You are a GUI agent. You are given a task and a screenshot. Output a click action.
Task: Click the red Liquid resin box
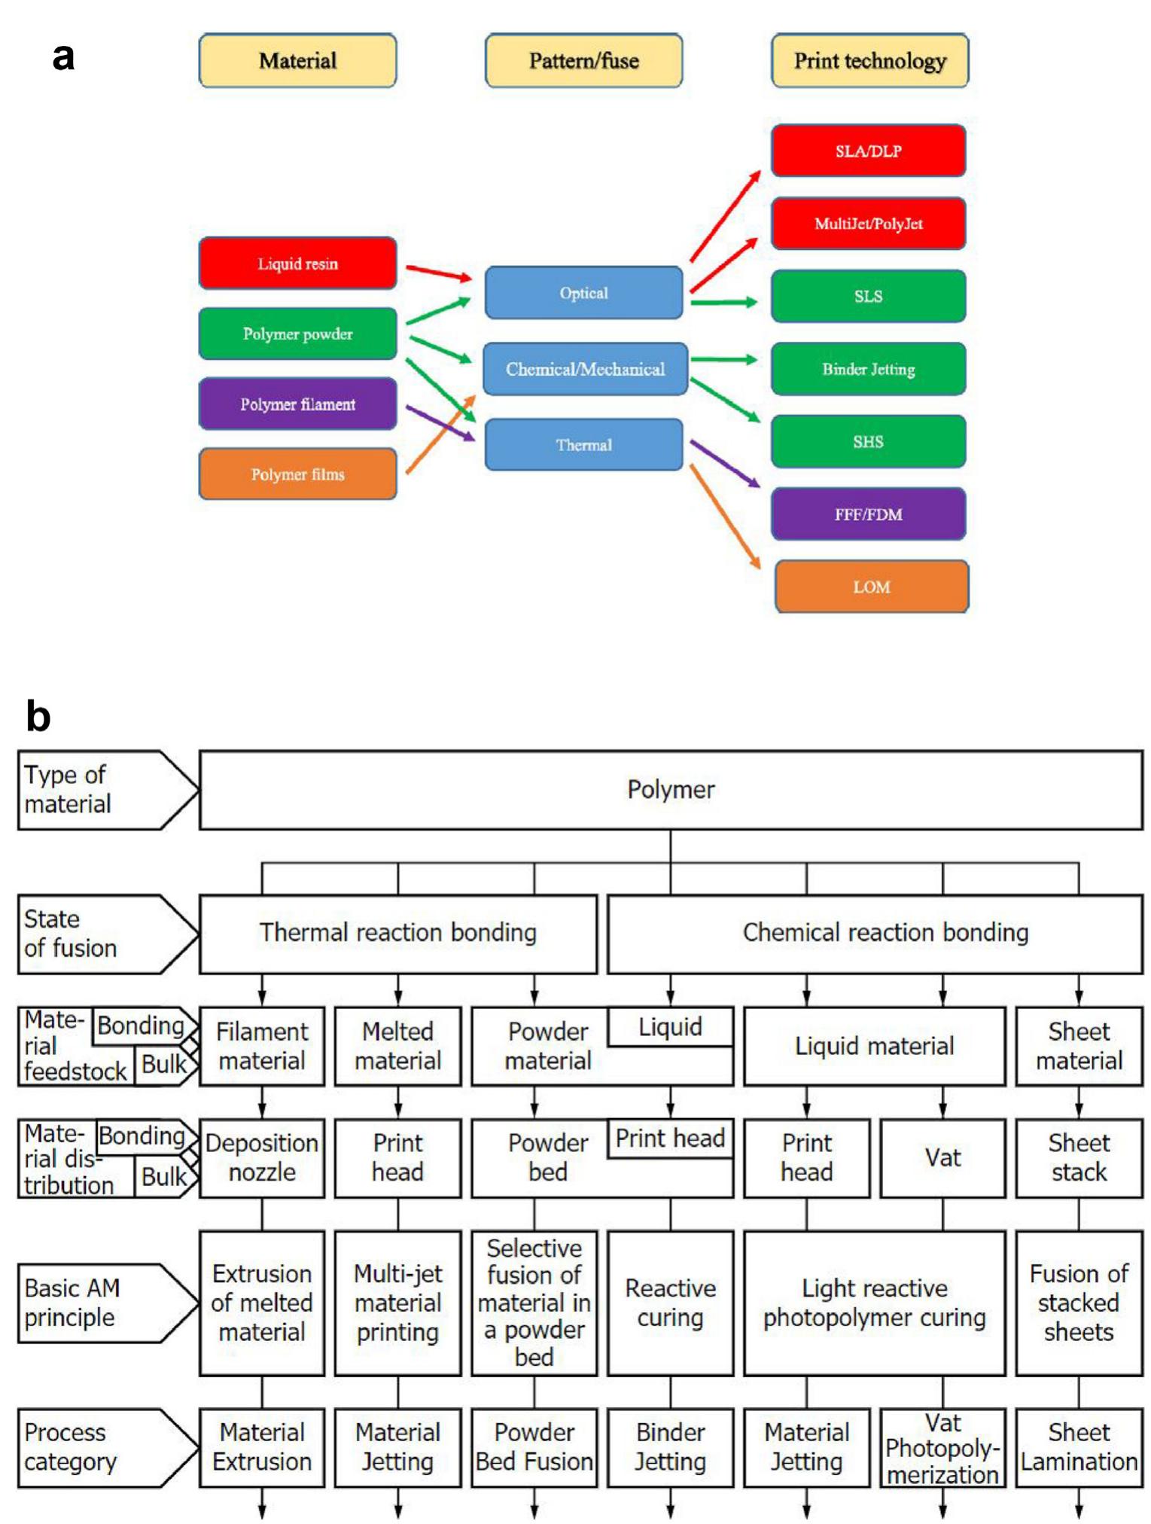tap(297, 264)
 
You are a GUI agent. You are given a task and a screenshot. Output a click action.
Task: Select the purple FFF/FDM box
tap(868, 514)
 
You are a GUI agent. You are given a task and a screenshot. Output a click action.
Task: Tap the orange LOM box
tap(871, 587)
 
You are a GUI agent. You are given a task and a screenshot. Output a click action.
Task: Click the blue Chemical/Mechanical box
tap(585, 369)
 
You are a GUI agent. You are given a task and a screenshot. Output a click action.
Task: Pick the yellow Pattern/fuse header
tap(583, 61)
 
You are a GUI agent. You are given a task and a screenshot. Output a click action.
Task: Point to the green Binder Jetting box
tap(868, 369)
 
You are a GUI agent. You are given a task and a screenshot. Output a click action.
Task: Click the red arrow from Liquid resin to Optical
tap(438, 273)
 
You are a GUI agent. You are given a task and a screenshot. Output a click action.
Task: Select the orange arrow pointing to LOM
tap(725, 516)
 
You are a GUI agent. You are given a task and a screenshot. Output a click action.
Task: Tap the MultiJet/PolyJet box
tap(868, 224)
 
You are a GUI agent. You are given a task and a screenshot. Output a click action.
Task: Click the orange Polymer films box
tap(297, 474)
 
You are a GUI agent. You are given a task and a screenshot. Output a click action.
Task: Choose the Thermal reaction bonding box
tap(397, 933)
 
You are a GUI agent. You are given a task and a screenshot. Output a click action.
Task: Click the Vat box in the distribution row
tap(942, 1157)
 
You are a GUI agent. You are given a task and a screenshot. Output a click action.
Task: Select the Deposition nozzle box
tap(262, 1157)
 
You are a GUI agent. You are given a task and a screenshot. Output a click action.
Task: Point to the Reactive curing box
tap(670, 1303)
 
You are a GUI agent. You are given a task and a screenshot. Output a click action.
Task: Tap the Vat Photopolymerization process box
tap(942, 1448)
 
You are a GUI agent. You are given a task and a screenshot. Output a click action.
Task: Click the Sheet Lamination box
tap(1079, 1446)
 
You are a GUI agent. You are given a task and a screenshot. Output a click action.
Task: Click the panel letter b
tap(38, 716)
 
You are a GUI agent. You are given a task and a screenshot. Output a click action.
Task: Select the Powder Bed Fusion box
tap(534, 1446)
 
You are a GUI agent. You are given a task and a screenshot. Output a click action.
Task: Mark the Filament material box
tap(262, 1046)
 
